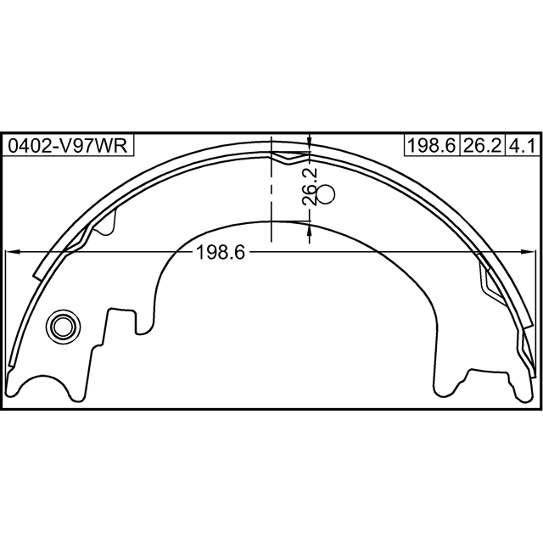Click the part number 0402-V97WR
tap(68, 145)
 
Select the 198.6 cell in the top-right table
tap(432, 145)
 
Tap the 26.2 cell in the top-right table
tap(482, 145)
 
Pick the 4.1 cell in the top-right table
tap(523, 145)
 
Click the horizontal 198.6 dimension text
tap(221, 252)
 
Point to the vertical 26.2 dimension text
tap(309, 187)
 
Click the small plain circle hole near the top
tap(326, 194)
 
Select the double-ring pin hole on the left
tap(63, 327)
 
